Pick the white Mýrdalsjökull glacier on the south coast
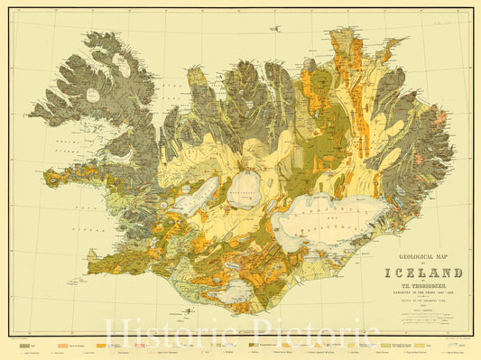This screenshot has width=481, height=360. [237, 290]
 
